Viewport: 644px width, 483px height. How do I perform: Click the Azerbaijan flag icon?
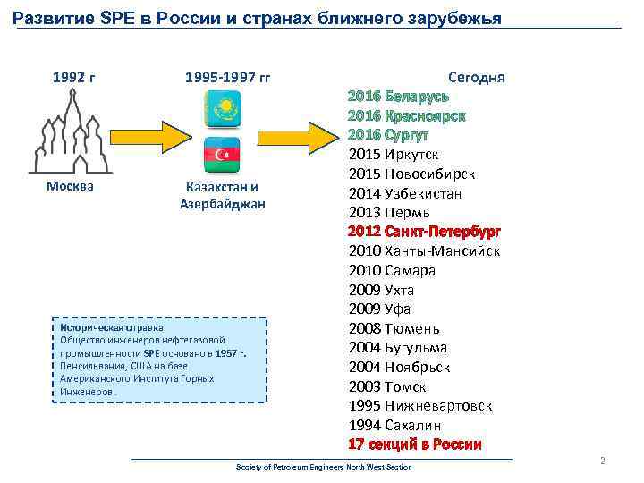pyautogui.click(x=223, y=156)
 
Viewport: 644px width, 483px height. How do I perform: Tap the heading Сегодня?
pyautogui.click(x=476, y=77)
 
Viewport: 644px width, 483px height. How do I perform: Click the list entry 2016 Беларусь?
pyautogui.click(x=398, y=97)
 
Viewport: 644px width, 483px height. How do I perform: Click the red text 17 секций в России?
pyautogui.click(x=415, y=445)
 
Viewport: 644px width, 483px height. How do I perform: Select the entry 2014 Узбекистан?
pyautogui.click(x=405, y=193)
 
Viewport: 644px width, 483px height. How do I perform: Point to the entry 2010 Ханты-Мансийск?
pyautogui.click(x=424, y=250)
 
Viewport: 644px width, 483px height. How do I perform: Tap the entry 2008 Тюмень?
pyautogui.click(x=394, y=328)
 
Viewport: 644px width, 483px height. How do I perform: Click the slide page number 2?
pyautogui.click(x=603, y=461)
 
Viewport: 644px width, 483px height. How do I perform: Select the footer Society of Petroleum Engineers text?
pyautogui.click(x=324, y=468)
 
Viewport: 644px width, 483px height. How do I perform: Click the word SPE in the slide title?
pyautogui.click(x=113, y=18)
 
